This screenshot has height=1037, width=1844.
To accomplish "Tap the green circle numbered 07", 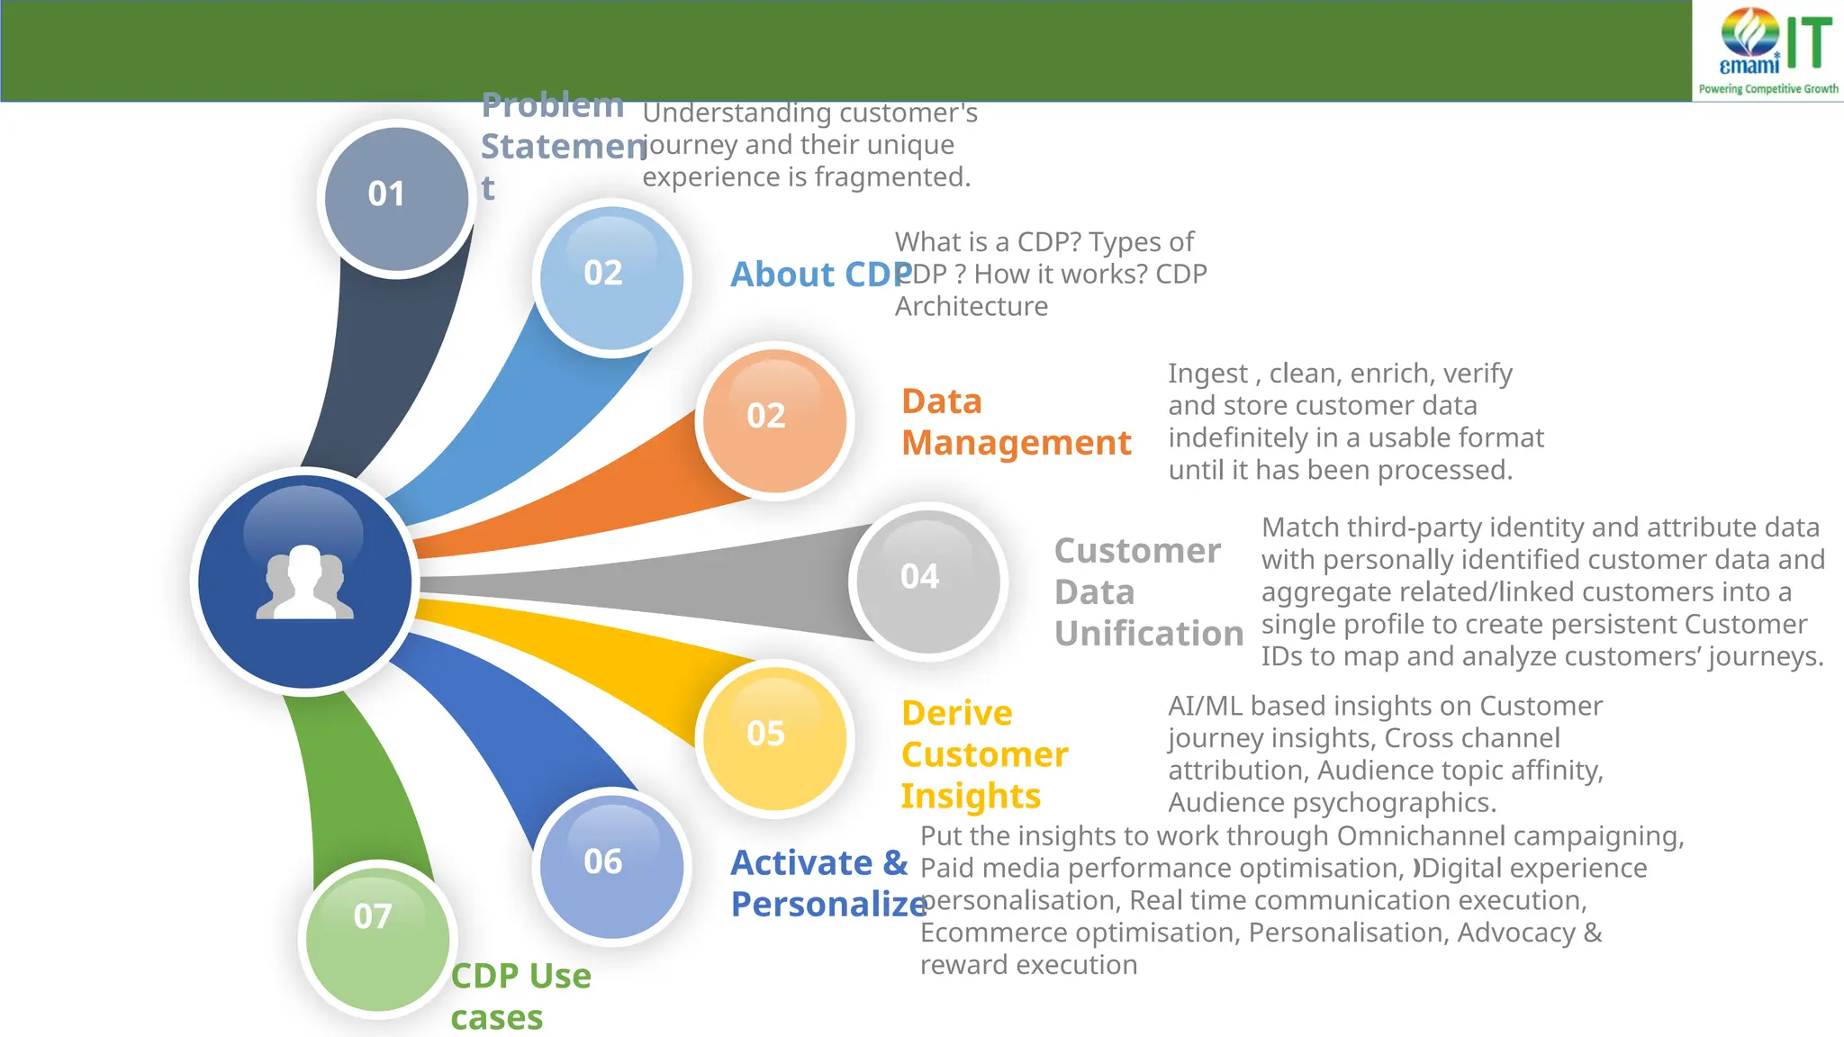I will click(x=377, y=936).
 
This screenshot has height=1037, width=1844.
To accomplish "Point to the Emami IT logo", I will click(x=1768, y=43).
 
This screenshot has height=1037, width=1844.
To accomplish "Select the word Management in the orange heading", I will click(x=1016, y=443).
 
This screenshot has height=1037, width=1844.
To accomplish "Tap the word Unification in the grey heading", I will click(x=1149, y=634).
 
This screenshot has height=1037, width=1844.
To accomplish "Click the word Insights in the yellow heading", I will click(x=971, y=796).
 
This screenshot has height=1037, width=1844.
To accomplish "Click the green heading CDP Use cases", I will click(x=520, y=996).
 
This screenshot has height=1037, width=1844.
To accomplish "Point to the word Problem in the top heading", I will click(x=552, y=105).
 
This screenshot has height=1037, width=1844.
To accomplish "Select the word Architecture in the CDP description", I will click(x=971, y=307).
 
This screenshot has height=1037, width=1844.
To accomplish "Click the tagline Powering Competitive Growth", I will click(x=1768, y=89).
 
